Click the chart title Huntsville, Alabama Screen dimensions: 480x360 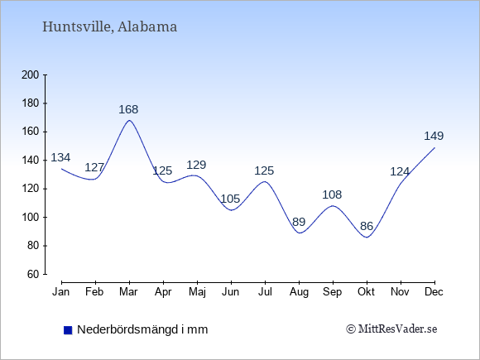pyautogui.click(x=109, y=26)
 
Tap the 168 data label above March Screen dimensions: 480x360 pyautogui.click(x=128, y=109)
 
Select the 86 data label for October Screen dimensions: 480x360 pyautogui.click(x=367, y=226)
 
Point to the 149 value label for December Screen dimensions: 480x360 pyautogui.click(x=434, y=136)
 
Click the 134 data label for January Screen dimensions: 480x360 pyautogui.click(x=60, y=157)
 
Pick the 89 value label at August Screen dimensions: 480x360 pyautogui.click(x=299, y=222)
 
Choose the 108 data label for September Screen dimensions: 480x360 pyautogui.click(x=332, y=194)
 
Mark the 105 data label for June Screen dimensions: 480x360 pyautogui.click(x=230, y=199)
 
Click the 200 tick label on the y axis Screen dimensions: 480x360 pyautogui.click(x=31, y=75)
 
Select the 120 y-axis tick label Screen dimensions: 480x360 pyautogui.click(x=31, y=189)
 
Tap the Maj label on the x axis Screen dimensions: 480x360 pyautogui.click(x=197, y=292)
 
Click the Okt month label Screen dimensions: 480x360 pyautogui.click(x=366, y=292)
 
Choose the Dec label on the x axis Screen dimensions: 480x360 pyautogui.click(x=434, y=292)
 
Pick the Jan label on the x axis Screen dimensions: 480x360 pyautogui.click(x=61, y=292)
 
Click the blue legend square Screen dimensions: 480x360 pyautogui.click(x=68, y=330)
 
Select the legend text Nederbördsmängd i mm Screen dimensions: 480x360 pyautogui.click(x=142, y=329)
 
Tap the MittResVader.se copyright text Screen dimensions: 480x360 pyautogui.click(x=391, y=329)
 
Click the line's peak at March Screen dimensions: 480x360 pyautogui.click(x=129, y=120)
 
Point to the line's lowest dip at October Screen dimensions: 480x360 pyautogui.click(x=367, y=238)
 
